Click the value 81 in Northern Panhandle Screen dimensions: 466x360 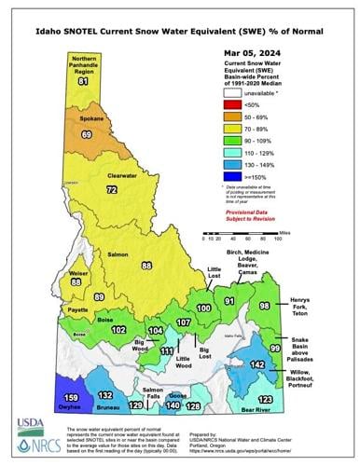pos(83,82)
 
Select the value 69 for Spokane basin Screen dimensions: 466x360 pos(87,135)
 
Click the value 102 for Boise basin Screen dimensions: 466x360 pos(118,329)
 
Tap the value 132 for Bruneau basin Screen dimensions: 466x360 pos(105,395)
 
